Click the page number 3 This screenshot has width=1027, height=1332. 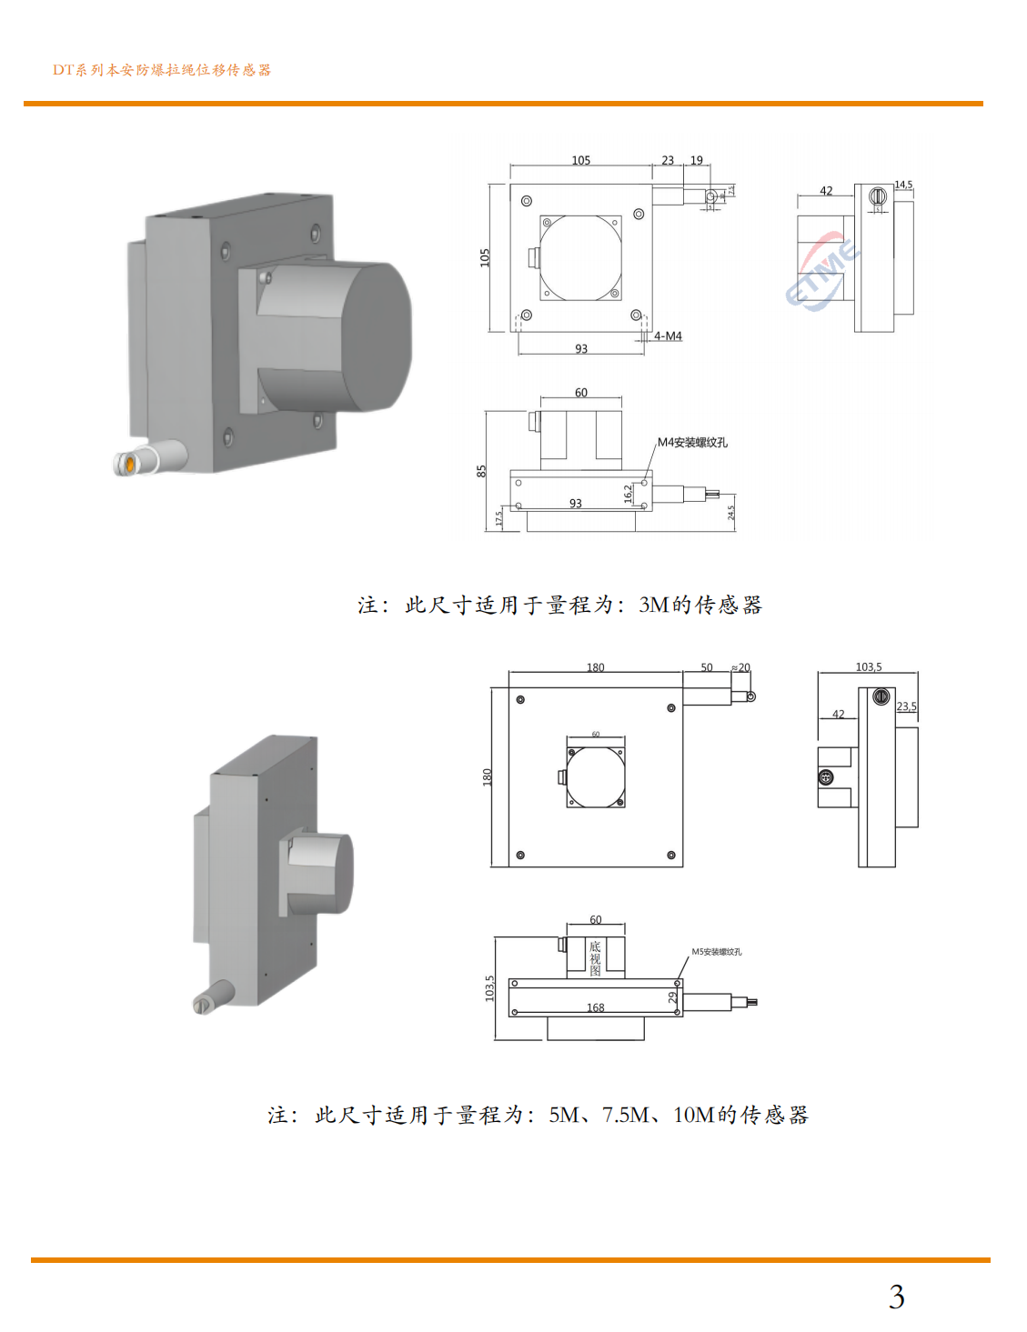point(896,1297)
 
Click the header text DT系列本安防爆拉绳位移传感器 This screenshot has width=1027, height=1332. point(161,70)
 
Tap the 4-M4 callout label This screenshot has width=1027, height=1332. point(668,336)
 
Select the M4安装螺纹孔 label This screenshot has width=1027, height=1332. point(692,443)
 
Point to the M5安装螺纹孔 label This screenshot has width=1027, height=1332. point(716,952)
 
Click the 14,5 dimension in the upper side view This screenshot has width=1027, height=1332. point(902,185)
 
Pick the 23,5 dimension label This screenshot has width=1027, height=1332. point(906,706)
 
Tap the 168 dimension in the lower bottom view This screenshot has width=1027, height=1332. point(595,1007)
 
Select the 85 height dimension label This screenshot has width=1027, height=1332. point(481,471)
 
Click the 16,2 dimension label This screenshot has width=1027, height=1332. point(629,494)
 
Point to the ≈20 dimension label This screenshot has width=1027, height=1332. point(741,667)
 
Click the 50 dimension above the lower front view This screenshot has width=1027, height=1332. point(707,667)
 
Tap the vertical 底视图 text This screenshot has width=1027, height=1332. point(595,958)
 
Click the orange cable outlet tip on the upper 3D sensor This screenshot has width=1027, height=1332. point(129,465)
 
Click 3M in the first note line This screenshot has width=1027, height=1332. point(654,606)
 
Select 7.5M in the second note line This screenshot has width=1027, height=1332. point(625,1116)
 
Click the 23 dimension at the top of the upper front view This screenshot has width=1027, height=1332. point(668,161)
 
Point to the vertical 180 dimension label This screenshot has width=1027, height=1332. point(487,776)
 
